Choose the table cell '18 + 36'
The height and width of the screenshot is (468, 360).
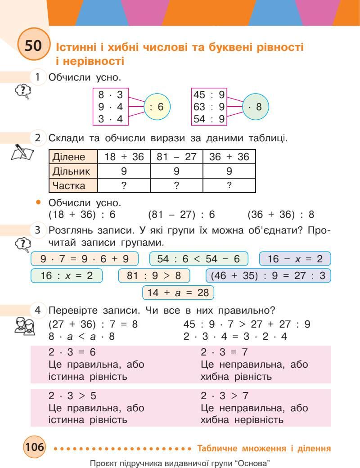[x=124, y=157]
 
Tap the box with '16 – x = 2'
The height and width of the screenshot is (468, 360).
[x=295, y=259]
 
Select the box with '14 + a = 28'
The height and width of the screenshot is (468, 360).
[x=178, y=292]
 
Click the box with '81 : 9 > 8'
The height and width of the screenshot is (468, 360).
[x=154, y=275]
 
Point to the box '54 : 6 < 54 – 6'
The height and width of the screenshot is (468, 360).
[x=199, y=259]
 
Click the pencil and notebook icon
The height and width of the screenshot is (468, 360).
[x=22, y=152]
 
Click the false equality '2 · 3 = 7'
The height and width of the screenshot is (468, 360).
[x=225, y=352]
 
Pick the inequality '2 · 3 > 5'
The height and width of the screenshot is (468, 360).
[x=72, y=396]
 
